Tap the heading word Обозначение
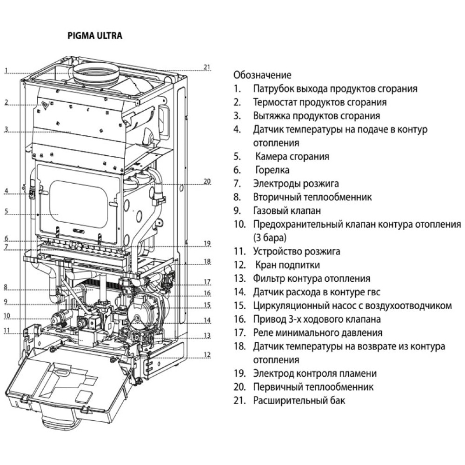pyautogui.click(x=262, y=75)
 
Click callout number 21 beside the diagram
pyautogui.click(x=207, y=67)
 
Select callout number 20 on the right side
pyautogui.click(x=207, y=181)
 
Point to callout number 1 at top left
pyautogui.click(x=7, y=71)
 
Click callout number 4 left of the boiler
pyautogui.click(x=7, y=190)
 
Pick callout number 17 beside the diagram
pyautogui.click(x=207, y=282)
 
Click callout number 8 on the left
pyautogui.click(x=7, y=287)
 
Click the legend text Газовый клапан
pyautogui.click(x=287, y=211)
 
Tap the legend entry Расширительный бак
pyautogui.click(x=299, y=400)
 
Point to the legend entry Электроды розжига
pyautogui.click(x=296, y=184)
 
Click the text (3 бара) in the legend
pyautogui.click(x=270, y=238)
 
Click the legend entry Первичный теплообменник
pyautogui.click(x=313, y=386)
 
